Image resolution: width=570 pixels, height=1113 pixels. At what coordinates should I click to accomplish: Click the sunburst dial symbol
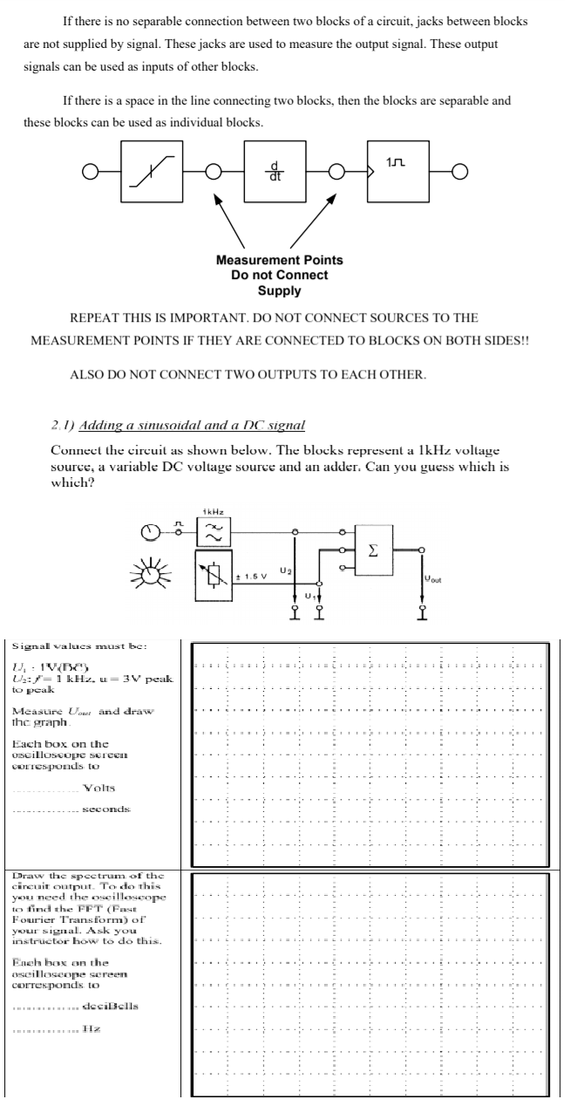150,577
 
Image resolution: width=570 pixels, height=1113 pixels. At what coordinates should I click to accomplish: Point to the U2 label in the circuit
283,569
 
